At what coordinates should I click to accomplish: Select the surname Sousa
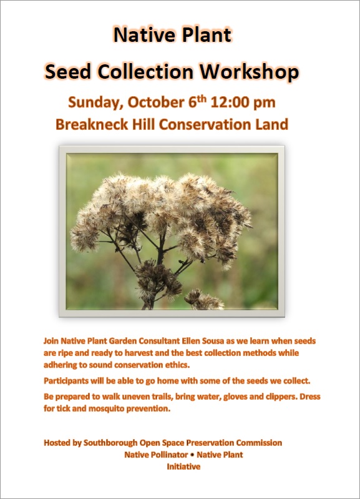tap(236, 342)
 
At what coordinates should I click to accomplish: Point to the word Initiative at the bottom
tap(183, 467)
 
